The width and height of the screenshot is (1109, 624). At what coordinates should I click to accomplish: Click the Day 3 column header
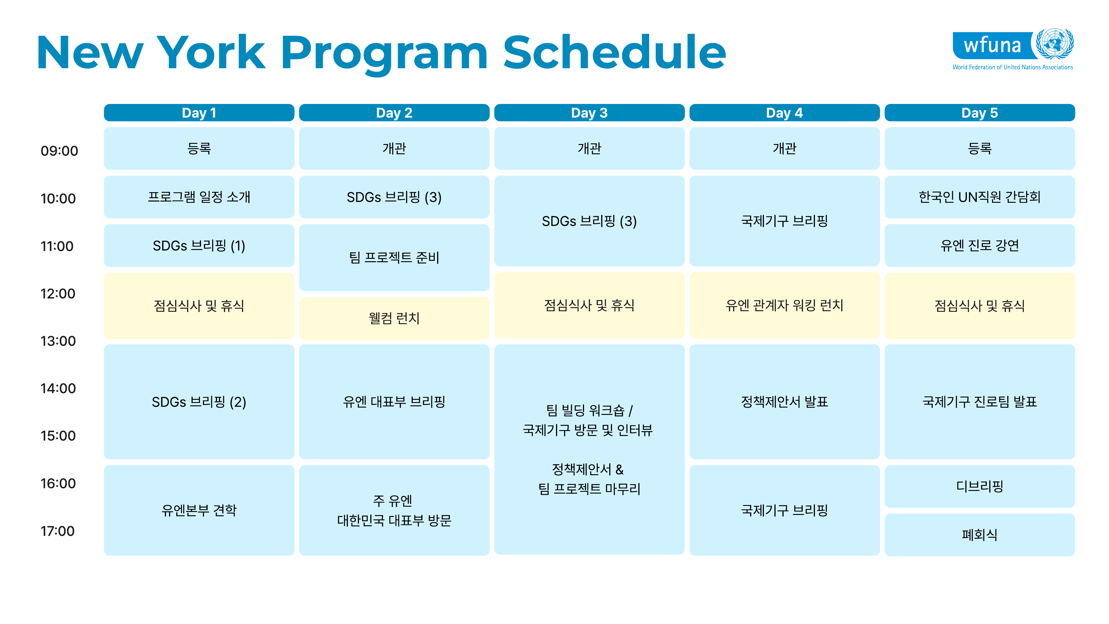589,113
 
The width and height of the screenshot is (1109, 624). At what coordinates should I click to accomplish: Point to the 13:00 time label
58,341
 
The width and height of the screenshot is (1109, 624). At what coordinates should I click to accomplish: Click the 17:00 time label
58,531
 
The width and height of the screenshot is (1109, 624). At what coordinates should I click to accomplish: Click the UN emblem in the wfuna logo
1055,44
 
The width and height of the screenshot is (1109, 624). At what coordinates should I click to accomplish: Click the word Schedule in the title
615,52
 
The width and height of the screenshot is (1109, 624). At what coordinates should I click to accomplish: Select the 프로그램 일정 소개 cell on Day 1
199,197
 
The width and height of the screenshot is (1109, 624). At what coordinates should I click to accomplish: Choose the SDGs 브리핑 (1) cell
199,245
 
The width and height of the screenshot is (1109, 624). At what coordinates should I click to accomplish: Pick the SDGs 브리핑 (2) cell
199,402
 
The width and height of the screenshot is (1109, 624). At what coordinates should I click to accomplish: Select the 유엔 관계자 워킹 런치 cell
784,305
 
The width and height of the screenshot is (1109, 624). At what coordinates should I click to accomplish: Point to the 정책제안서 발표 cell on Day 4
784,402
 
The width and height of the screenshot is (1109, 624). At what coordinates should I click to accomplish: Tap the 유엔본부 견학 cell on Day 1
199,510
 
